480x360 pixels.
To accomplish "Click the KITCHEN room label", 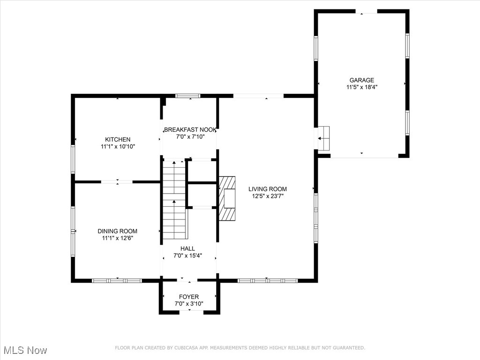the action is pyautogui.click(x=118, y=139).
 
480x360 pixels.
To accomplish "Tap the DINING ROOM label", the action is pyautogui.click(x=118, y=231).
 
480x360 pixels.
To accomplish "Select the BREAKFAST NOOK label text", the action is pyautogui.click(x=190, y=129).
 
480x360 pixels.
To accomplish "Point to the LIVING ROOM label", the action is pyautogui.click(x=268, y=189).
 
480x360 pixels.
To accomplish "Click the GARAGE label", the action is pyautogui.click(x=362, y=80).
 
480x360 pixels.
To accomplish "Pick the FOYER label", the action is pyautogui.click(x=189, y=297).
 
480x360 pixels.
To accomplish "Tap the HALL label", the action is pyautogui.click(x=187, y=248).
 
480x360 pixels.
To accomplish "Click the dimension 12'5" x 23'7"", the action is pyautogui.click(x=268, y=196).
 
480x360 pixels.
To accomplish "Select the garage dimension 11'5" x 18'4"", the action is pyautogui.click(x=362, y=87).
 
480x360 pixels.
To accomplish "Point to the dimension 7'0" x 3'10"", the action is pyautogui.click(x=189, y=304).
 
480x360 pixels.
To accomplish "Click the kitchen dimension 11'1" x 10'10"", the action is pyautogui.click(x=118, y=147).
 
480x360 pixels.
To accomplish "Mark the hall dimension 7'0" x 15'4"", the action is pyautogui.click(x=187, y=255).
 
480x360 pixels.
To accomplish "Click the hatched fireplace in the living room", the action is pyautogui.click(x=227, y=198).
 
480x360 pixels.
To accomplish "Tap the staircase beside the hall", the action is pyautogui.click(x=174, y=200).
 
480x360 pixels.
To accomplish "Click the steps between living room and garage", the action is pyautogui.click(x=323, y=138).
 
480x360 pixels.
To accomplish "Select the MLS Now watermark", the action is pyautogui.click(x=25, y=350).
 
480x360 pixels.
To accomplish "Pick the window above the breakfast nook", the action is pyautogui.click(x=187, y=96).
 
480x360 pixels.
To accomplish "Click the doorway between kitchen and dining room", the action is pyautogui.click(x=117, y=182).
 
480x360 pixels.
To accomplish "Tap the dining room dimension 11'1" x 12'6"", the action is pyautogui.click(x=118, y=238).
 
